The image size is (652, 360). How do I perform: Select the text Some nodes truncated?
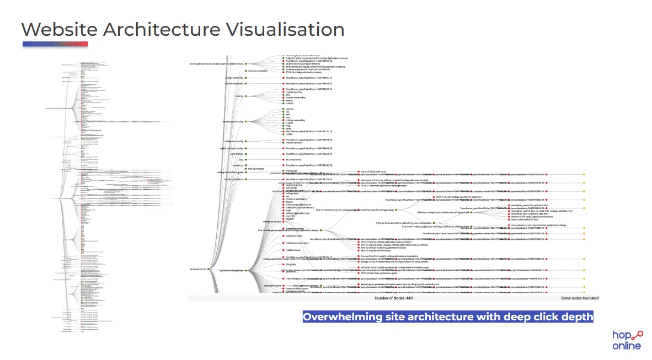[580, 298]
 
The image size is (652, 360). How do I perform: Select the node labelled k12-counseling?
[292, 159]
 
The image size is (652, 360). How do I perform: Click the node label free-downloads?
[256, 169]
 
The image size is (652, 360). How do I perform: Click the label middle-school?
[293, 250]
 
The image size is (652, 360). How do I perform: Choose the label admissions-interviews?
[297, 243]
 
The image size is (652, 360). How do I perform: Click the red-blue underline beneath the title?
[55, 44]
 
